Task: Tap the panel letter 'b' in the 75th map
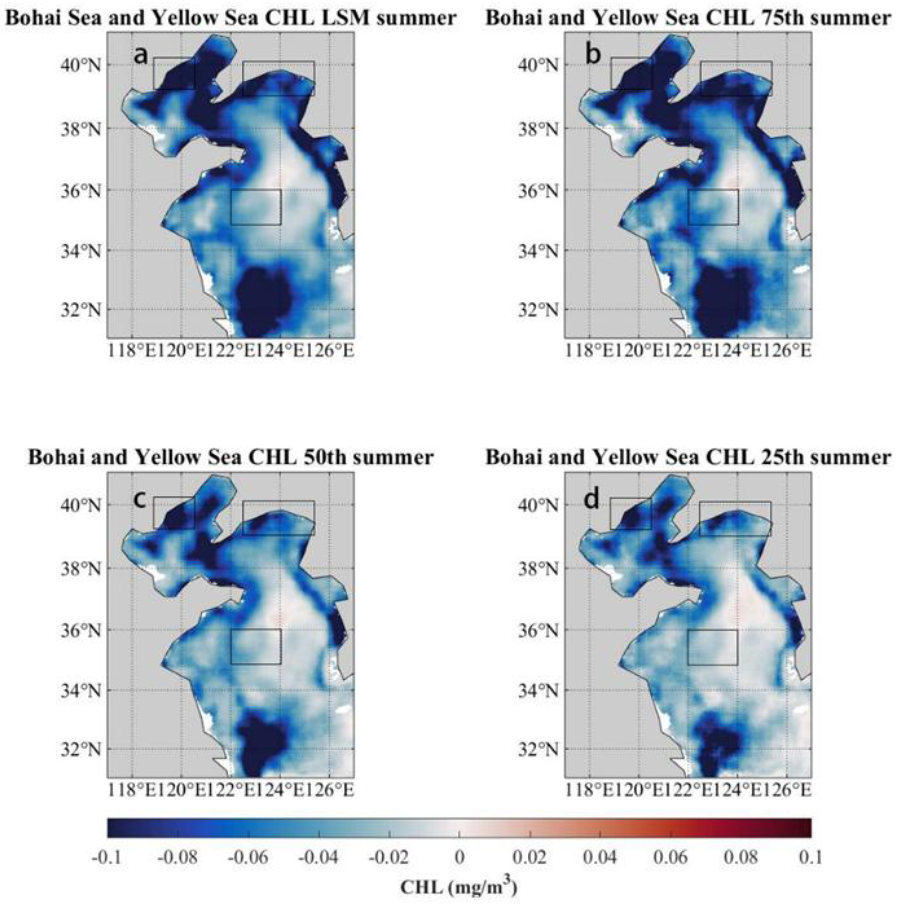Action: click(x=593, y=55)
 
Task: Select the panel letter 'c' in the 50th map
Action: click(x=139, y=500)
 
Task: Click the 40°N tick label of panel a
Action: click(x=80, y=66)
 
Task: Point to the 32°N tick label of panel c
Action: click(x=80, y=749)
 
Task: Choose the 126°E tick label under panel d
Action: click(x=793, y=791)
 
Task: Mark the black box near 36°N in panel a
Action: click(x=256, y=207)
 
